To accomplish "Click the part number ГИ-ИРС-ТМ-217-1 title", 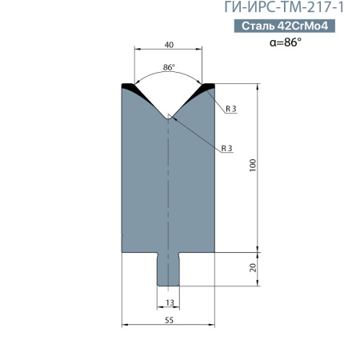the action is [284, 7].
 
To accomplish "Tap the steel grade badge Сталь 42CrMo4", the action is [285, 26].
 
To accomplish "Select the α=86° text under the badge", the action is [286, 42].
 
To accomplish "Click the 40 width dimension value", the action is [169, 45].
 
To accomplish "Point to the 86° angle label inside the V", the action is [169, 67].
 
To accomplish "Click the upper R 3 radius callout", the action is [231, 109].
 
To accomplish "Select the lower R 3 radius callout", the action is [227, 148].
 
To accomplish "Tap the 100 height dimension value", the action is [253, 165].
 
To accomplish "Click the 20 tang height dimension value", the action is [253, 267].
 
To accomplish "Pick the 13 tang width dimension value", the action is [170, 302].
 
